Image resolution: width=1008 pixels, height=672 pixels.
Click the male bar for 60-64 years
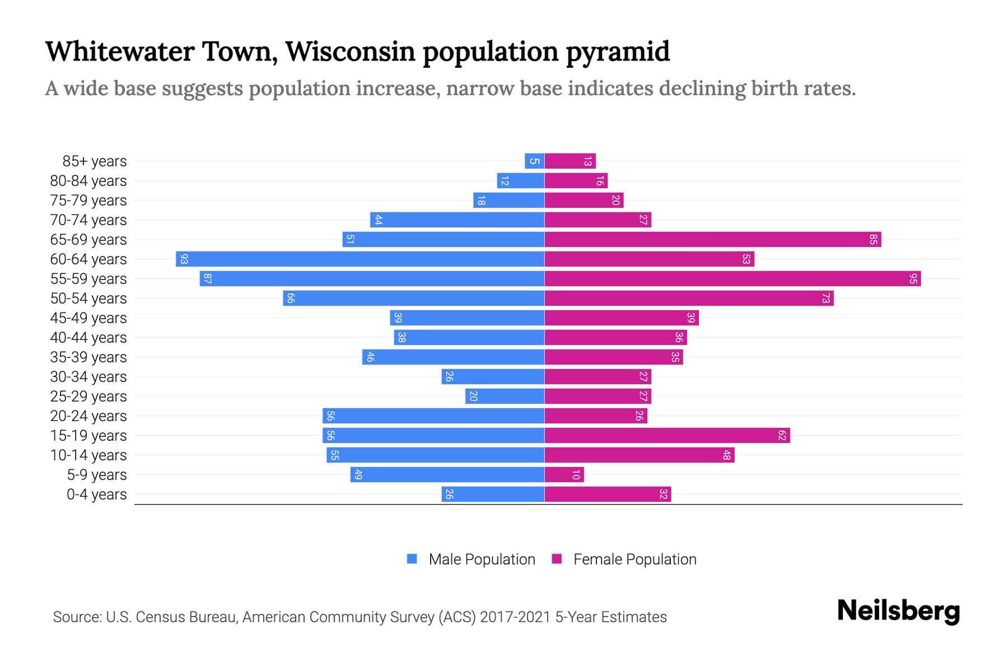(360, 259)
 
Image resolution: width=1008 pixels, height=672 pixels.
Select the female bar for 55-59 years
(732, 279)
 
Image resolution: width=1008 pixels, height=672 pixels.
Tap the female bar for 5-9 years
(564, 475)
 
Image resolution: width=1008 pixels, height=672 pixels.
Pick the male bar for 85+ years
(534, 161)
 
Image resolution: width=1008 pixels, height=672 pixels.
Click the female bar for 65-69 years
(712, 240)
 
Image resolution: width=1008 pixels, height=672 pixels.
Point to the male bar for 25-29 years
(505, 396)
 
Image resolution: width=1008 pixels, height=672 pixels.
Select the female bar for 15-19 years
(667, 436)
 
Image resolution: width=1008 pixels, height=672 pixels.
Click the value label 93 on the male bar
(184, 259)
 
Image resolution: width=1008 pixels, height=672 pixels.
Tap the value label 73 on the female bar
(825, 298)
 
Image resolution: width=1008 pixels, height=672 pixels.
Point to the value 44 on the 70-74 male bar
(378, 220)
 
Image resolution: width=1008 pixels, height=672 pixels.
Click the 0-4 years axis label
(96, 494)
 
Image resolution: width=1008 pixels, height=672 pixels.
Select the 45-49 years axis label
(88, 318)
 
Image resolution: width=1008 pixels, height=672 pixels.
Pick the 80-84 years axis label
(88, 181)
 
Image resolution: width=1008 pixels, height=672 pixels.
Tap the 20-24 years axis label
(88, 416)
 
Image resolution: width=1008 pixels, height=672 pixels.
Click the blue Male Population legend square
(412, 559)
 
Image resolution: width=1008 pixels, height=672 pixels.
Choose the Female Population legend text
(634, 559)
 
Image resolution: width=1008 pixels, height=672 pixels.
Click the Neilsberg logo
(898, 611)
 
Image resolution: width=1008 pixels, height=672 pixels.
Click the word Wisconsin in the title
(350, 52)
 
